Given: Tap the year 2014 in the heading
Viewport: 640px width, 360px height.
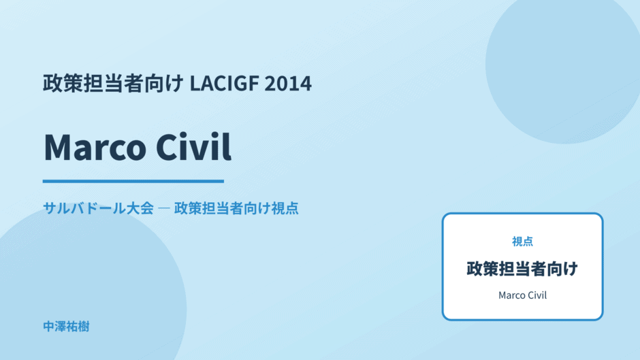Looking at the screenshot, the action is tap(288, 83).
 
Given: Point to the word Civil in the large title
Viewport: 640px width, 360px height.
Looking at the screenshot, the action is tap(194, 146).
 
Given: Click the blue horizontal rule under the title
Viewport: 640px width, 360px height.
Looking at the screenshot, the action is tap(133, 181).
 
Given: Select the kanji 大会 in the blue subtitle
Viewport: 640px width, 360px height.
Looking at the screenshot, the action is tap(140, 208).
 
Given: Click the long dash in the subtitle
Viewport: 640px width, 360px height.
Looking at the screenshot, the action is tap(163, 208).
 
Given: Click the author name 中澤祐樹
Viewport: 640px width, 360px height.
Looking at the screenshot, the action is tap(66, 327).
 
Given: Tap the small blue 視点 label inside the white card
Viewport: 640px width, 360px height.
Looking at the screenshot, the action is tap(522, 242).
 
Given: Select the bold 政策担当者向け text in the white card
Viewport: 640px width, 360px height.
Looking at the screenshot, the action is tap(522, 269).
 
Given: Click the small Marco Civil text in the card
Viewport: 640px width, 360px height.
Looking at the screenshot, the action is tap(522, 295).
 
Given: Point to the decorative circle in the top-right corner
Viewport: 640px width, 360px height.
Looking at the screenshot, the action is tap(563, 65).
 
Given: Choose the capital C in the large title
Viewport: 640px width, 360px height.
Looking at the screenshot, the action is tap(167, 148).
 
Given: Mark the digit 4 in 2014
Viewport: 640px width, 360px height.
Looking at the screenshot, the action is tap(306, 84).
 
